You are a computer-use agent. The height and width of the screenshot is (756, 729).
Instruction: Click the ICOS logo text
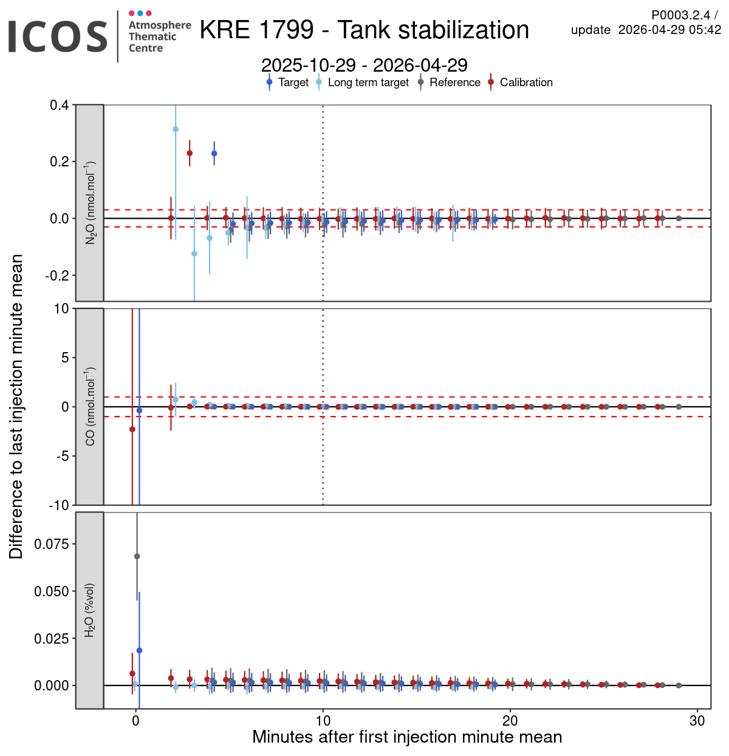point(58,36)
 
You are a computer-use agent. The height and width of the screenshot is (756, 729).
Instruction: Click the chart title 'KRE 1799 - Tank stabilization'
point(364,30)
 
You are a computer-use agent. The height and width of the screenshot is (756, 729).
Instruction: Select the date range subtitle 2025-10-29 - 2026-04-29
point(364,65)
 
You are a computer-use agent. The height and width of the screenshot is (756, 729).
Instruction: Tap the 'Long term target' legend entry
point(368,83)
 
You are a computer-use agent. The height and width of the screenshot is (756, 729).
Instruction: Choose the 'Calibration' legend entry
point(526,83)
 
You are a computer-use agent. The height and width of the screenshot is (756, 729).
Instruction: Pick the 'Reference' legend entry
point(454,83)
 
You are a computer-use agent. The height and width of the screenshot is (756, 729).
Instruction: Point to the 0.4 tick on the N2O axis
point(60,105)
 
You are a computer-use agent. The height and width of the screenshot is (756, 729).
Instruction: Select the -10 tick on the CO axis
point(60,505)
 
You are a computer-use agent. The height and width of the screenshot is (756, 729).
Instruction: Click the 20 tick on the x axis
point(510,721)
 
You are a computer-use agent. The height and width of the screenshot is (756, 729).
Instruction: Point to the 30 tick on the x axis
point(697,721)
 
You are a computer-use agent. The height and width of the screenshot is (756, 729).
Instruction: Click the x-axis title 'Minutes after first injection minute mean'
point(407,737)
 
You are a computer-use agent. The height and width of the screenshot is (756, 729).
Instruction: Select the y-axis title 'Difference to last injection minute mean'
point(16,406)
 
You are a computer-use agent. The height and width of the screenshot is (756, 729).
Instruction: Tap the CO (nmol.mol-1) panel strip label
point(90,406)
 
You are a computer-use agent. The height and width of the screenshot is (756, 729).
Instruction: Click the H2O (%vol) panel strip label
point(90,610)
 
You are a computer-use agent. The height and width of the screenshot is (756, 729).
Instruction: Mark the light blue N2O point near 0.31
point(176,129)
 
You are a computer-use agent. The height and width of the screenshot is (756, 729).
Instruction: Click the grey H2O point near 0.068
point(137,556)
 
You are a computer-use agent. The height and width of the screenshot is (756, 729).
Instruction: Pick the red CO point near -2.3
point(132,429)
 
